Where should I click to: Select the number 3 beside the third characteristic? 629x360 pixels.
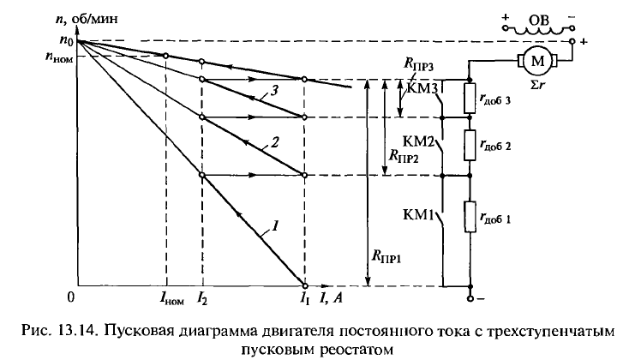coord(272,91)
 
